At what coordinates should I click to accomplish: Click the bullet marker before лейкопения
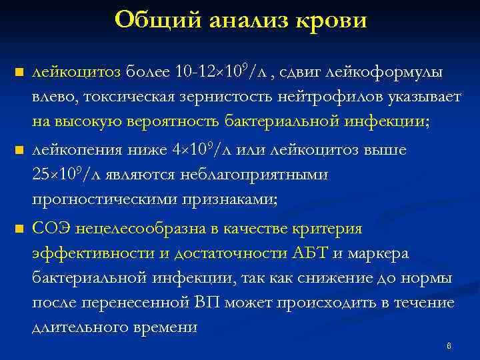click(x=18, y=151)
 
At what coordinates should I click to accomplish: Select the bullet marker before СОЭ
click(x=18, y=230)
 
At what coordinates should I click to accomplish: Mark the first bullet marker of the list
click(x=18, y=72)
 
